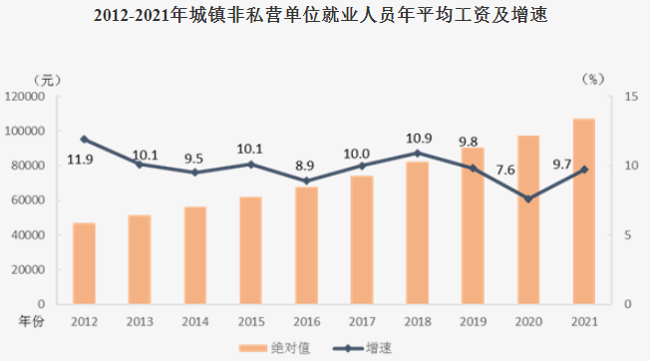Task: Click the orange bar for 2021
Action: point(584,211)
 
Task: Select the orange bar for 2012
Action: point(84,263)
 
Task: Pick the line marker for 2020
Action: point(528,198)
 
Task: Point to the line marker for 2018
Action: point(417,153)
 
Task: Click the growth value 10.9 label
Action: point(418,138)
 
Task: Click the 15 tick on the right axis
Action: point(630,97)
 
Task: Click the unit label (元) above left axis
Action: point(45,79)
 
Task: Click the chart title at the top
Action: point(325,17)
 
